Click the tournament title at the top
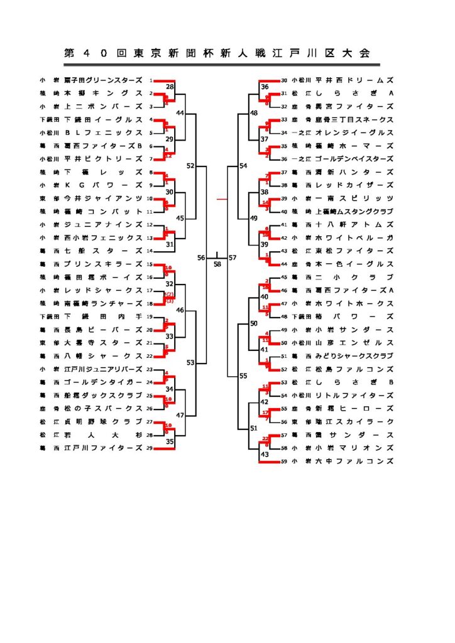(x=217, y=53)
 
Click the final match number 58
(x=217, y=264)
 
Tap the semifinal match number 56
(x=201, y=258)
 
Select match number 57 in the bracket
(x=233, y=258)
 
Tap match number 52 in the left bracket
(x=190, y=166)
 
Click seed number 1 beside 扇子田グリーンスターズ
(x=151, y=80)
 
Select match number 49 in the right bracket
(x=254, y=218)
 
